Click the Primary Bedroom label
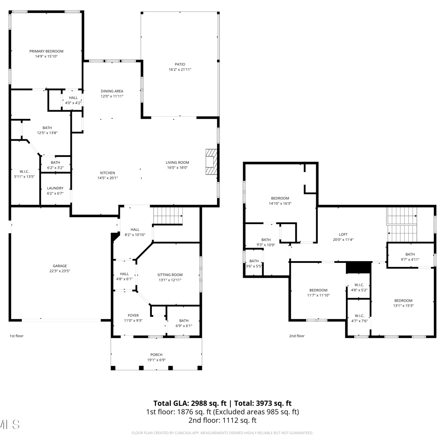46,51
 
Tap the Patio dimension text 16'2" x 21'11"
180,69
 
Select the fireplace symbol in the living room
212,162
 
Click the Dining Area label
112,91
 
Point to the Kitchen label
107,173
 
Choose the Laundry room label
55,188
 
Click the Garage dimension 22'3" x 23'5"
60,271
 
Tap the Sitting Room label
170,275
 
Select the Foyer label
133,315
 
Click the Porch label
156,355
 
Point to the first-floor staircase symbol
168,216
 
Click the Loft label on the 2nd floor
343,234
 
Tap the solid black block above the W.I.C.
359,267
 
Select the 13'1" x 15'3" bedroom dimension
403,306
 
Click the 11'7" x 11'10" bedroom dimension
318,295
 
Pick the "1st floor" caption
16,336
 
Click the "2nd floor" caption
297,336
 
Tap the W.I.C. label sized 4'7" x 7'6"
360,316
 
